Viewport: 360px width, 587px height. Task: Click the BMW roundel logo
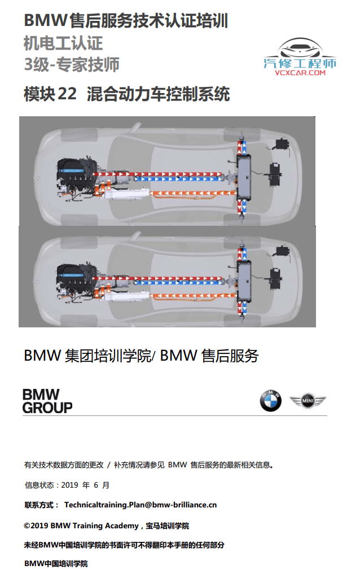point(270,401)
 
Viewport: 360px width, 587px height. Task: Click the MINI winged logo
point(308,401)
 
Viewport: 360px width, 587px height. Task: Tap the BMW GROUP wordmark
point(47,401)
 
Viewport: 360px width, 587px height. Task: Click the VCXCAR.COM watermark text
point(300,73)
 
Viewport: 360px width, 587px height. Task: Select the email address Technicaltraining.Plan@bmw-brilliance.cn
point(141,505)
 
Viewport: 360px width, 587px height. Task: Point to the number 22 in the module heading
point(67,94)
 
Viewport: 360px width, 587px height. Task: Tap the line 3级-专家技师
point(72,64)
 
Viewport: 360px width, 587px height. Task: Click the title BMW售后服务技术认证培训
point(126,21)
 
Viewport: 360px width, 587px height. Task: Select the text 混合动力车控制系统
point(159,94)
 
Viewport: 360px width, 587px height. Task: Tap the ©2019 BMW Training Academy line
point(106,525)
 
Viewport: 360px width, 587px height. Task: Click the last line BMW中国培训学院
point(56,563)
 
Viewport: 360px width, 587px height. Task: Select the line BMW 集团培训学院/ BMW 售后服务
point(141,356)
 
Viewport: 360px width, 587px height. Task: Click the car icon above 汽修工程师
point(300,47)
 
